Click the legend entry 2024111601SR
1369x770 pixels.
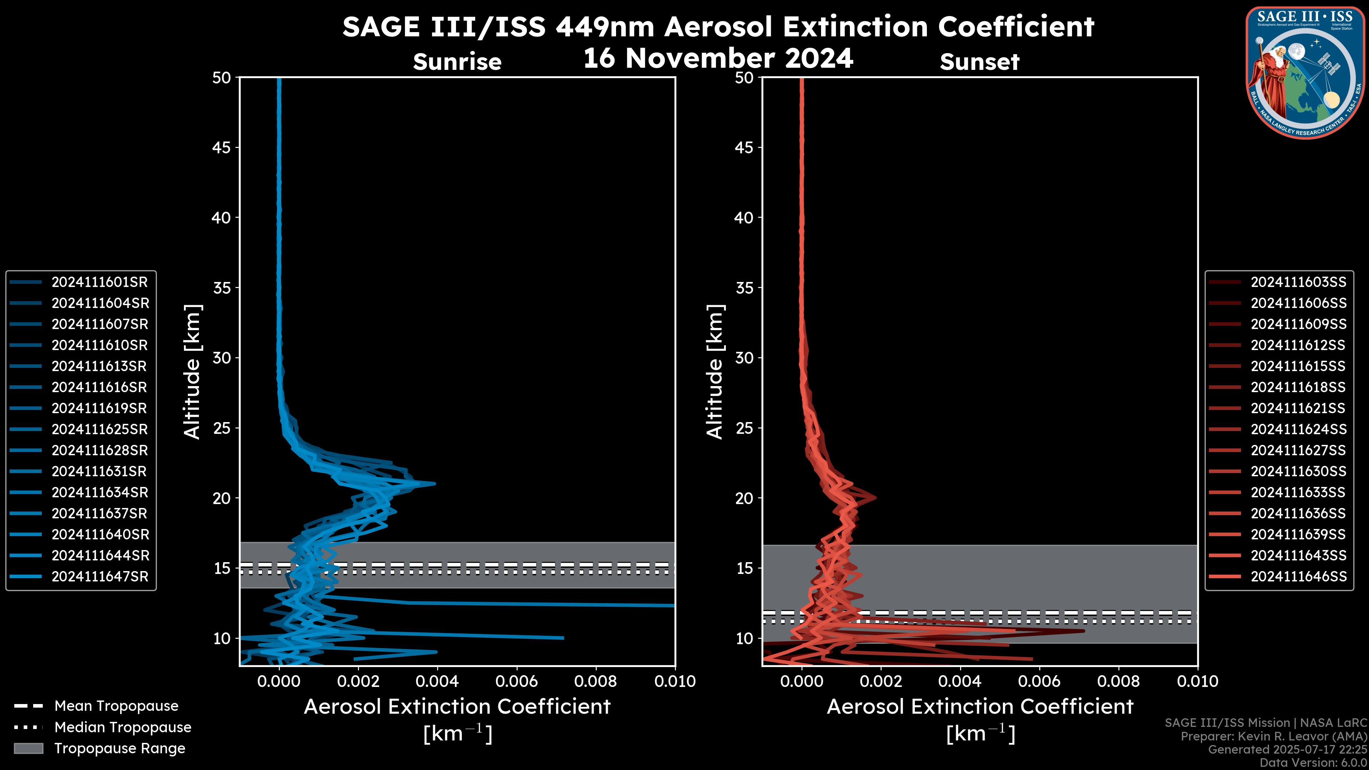99,282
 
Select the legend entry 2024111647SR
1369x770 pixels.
99,576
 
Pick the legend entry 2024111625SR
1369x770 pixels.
99,429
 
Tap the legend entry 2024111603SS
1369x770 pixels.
1298,282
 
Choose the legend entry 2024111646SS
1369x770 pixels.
1298,576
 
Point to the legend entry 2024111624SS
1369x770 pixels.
1298,429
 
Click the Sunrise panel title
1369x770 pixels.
457,62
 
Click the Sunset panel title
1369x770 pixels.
979,62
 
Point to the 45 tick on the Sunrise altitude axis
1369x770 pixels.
222,147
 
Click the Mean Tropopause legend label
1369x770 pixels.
116,706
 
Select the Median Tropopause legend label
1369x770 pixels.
123,727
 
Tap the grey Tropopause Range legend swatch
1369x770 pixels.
28,748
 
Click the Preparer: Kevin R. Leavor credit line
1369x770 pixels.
1273,736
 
